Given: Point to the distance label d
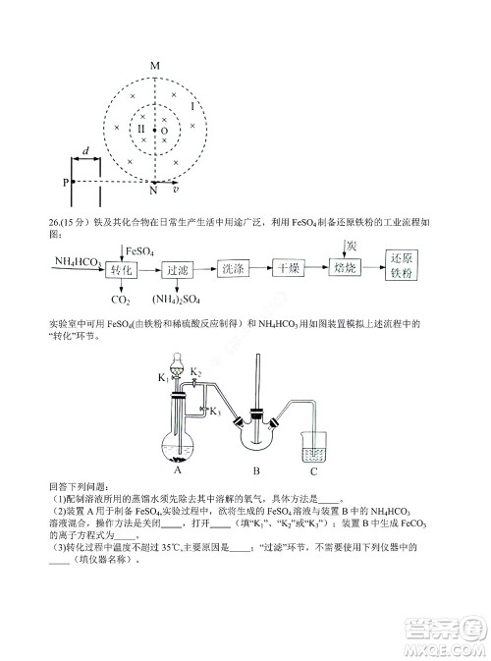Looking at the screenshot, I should (87, 150).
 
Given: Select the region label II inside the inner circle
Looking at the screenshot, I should (140, 129).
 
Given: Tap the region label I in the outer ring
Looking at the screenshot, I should (192, 103).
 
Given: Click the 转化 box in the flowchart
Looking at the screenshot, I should (122, 269).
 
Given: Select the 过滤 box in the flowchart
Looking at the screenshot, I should (178, 269).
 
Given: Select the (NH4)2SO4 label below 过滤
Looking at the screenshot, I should (177, 300).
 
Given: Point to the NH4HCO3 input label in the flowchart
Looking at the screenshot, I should (75, 262).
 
